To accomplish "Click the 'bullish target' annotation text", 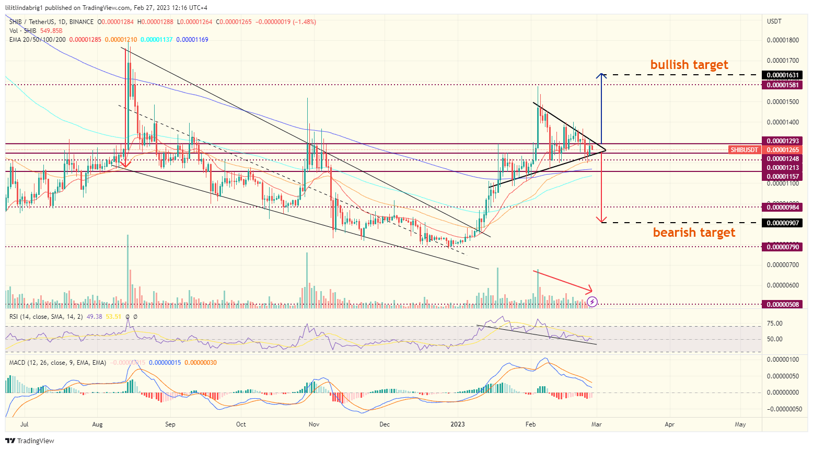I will pos(689,65).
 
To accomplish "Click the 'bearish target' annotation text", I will pos(694,233).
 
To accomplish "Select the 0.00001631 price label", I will pos(782,75).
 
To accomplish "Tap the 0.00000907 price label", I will pos(782,223).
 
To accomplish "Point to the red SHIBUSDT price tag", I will pos(744,150).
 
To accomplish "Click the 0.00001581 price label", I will pos(782,85).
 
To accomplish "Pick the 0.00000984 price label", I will pos(782,207).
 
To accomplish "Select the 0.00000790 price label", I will pos(782,247).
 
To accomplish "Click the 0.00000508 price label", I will pos(782,304).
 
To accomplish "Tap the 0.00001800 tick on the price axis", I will pos(782,40).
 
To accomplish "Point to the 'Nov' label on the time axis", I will pos(314,424).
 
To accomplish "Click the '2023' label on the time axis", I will pos(458,424).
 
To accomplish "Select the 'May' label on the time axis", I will pos(740,424).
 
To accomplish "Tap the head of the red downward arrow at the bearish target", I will pos(602,221).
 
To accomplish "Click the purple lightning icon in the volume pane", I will pos(592,302).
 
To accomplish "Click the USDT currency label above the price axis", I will pos(774,21).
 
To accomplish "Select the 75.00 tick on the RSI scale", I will pos(775,324).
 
